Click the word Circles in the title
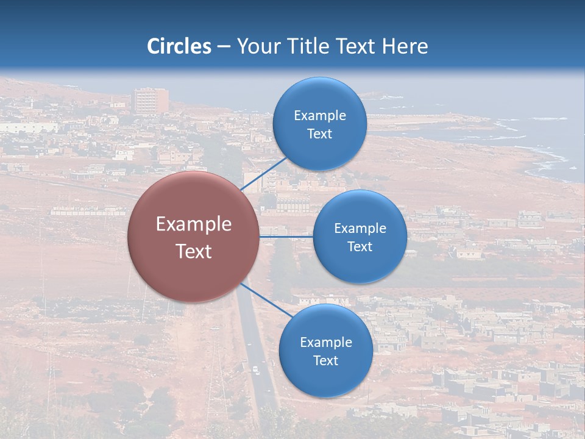[x=179, y=46]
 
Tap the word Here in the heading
[x=405, y=46]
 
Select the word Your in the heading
[x=258, y=46]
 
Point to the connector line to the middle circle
[x=286, y=237]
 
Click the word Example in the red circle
[x=194, y=224]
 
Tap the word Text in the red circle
[x=194, y=251]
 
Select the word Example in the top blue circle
[x=319, y=116]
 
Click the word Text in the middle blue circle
[x=360, y=247]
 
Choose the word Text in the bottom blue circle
[x=325, y=361]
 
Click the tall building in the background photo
[x=151, y=101]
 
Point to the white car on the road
[x=256, y=369]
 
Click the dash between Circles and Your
[x=224, y=47]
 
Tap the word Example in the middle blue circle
[x=360, y=229]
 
